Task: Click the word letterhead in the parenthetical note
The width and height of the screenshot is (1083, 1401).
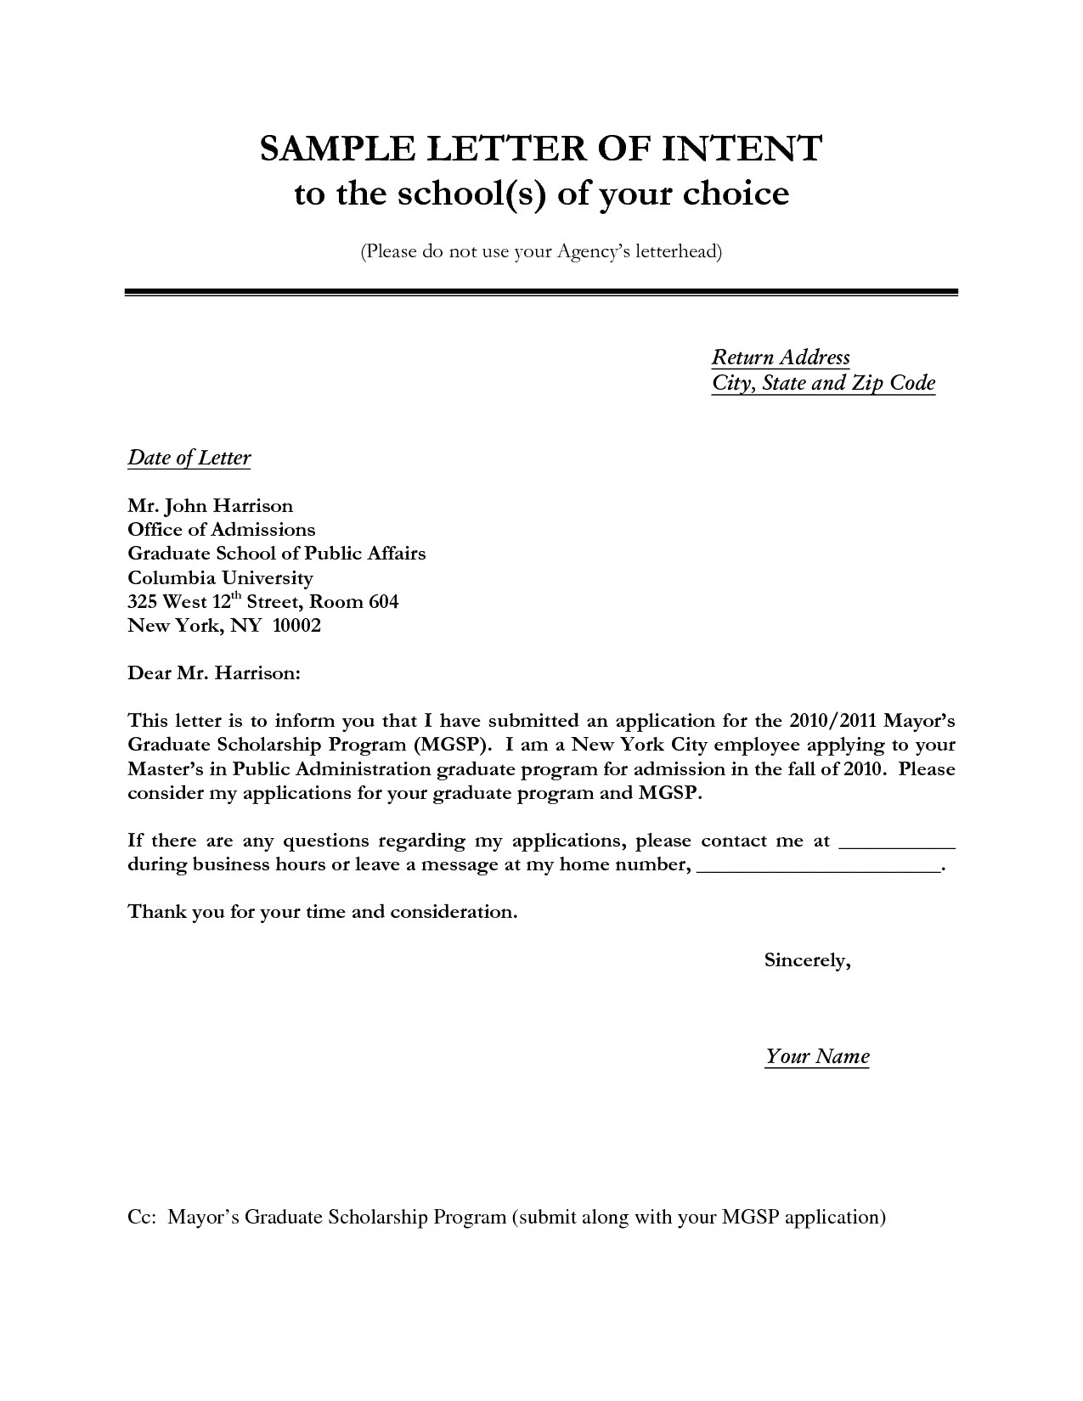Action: pyautogui.click(x=675, y=252)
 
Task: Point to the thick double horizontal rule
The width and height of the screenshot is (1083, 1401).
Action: pyautogui.click(x=541, y=292)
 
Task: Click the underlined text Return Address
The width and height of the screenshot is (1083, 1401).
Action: pyautogui.click(x=781, y=357)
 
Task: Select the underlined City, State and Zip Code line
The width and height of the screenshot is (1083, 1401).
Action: pyautogui.click(x=823, y=383)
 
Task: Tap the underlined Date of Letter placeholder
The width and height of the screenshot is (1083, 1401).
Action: pyautogui.click(x=189, y=459)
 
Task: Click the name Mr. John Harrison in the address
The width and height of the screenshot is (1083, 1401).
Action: pyautogui.click(x=210, y=506)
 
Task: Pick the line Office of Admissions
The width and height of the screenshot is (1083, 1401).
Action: pyautogui.click(x=221, y=530)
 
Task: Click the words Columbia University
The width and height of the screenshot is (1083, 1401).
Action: pyautogui.click(x=220, y=578)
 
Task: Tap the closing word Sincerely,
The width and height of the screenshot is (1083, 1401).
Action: pyautogui.click(x=807, y=961)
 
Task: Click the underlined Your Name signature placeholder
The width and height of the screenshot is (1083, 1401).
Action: pyautogui.click(x=817, y=1057)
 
